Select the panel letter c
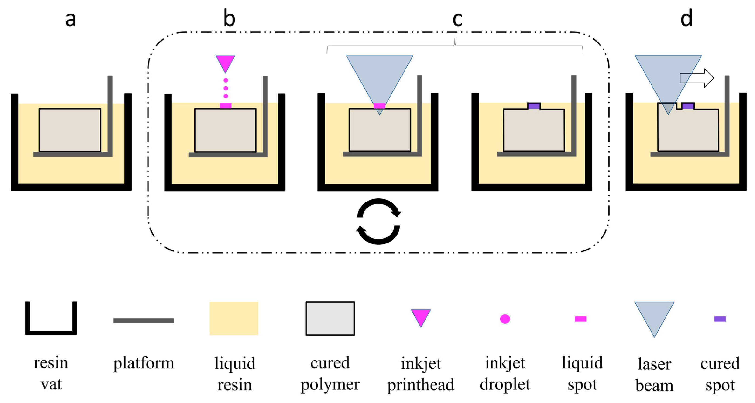point(457,19)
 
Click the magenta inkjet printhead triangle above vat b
point(225,63)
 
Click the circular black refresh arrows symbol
point(378,222)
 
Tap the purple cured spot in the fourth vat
point(534,106)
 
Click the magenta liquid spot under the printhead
point(225,106)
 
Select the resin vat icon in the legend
point(51,318)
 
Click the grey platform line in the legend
point(144,321)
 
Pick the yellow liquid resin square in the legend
point(233,319)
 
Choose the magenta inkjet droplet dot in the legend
point(505,319)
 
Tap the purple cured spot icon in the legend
point(720,319)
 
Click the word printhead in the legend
point(421,385)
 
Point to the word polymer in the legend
point(330,384)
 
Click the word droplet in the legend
point(505,384)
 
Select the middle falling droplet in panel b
point(225,88)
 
